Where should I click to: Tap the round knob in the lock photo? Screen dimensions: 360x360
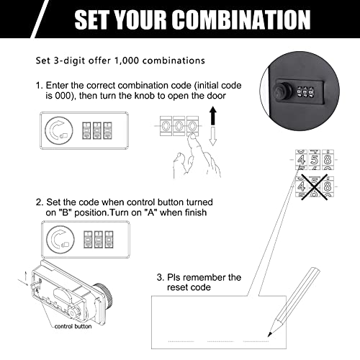pos(280,94)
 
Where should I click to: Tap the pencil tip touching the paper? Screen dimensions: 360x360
pos(266,335)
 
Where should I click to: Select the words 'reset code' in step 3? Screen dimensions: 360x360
pos(189,287)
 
